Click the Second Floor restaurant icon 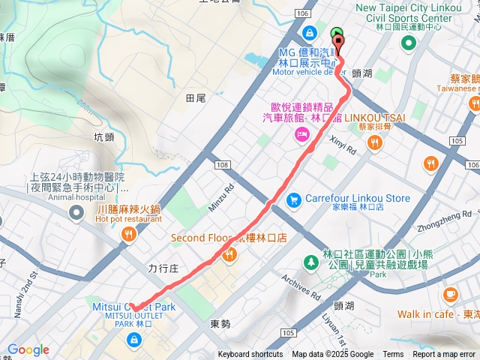(229, 254)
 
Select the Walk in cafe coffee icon (450, 294)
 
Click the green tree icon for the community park (310, 262)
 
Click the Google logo (28, 349)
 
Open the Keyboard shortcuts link (250, 355)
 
